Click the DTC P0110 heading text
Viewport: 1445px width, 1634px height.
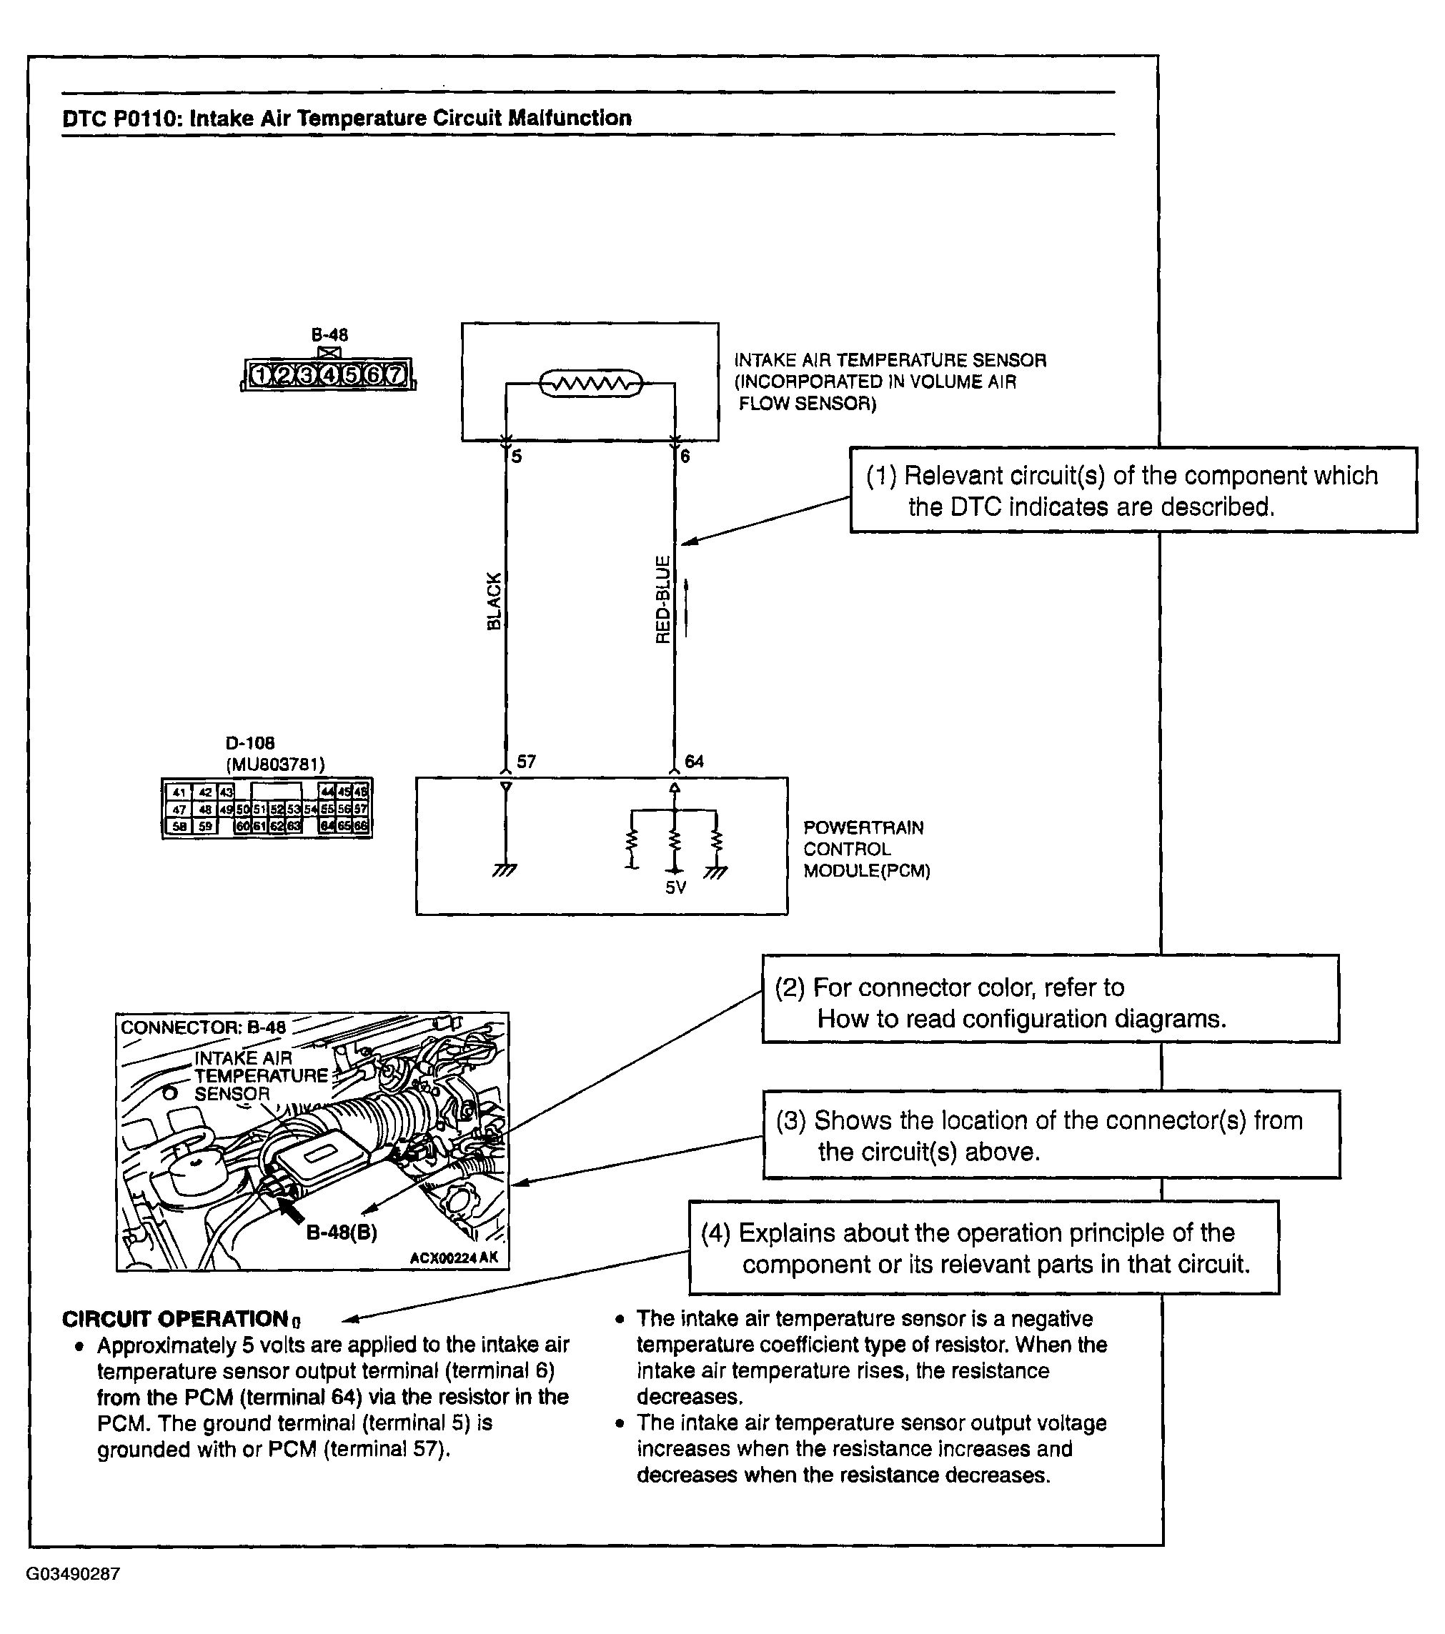tap(347, 119)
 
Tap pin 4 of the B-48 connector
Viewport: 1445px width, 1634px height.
tap(329, 374)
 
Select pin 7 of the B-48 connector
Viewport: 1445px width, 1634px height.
tap(395, 374)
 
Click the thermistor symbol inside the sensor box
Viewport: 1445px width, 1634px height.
tap(590, 384)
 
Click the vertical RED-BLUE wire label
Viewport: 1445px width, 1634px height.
tap(662, 599)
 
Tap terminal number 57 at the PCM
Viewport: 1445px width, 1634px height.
tap(526, 761)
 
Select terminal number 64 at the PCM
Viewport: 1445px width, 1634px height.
tap(694, 761)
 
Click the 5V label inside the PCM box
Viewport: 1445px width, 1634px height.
tap(676, 887)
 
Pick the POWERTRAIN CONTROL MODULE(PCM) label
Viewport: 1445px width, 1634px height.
tap(866, 849)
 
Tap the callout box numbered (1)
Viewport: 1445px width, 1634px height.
tap(1132, 490)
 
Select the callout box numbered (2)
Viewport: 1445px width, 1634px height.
tap(1050, 1002)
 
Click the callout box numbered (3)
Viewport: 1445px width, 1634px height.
tap(1051, 1135)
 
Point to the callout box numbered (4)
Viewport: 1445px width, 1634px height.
tap(983, 1248)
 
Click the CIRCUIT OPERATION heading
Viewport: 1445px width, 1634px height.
tap(175, 1318)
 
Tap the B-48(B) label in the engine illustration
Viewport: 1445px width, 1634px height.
tap(342, 1232)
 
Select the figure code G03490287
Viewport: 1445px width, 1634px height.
tap(74, 1574)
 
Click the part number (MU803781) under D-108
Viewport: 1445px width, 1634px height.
tap(275, 765)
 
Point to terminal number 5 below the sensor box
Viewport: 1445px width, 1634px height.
tap(517, 457)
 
